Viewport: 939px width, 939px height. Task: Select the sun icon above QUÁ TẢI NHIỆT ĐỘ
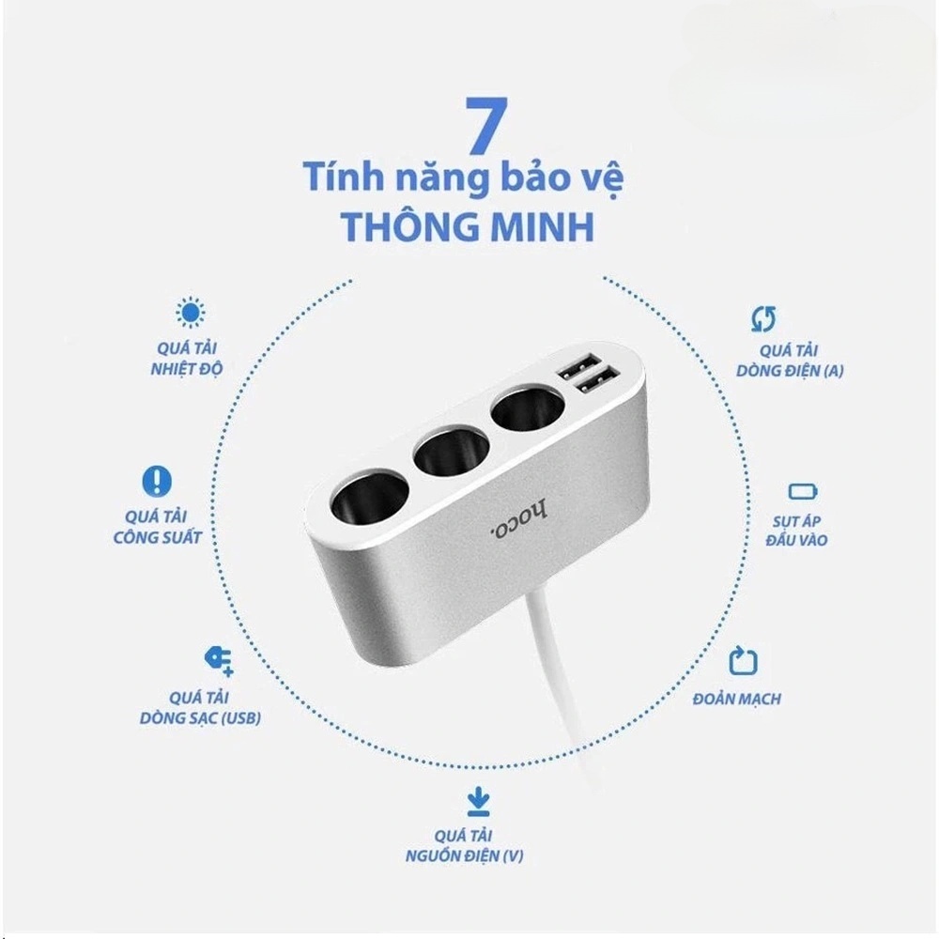pos(192,313)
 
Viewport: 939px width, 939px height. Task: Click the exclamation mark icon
pos(157,482)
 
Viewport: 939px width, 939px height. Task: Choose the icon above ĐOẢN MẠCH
pos(743,660)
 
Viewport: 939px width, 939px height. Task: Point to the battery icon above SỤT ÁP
pos(803,491)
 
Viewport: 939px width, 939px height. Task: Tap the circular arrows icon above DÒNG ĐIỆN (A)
pos(763,319)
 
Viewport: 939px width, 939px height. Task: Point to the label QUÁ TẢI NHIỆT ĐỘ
pos(186,358)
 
